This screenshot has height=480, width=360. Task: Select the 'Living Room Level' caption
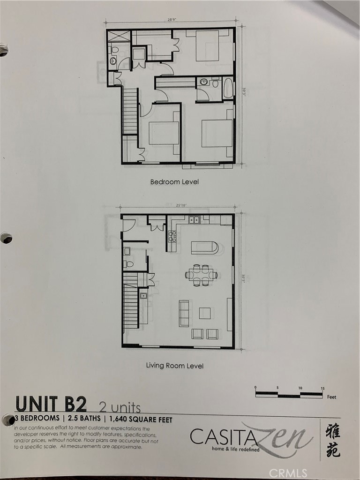(175, 365)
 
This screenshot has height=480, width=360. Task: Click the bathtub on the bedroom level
(228, 88)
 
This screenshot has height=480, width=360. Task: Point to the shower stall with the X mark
(120, 37)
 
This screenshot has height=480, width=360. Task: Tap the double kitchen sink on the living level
(194, 219)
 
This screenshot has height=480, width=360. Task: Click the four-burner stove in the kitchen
(172, 237)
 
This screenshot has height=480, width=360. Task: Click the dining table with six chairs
(202, 275)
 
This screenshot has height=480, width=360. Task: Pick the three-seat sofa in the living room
(184, 313)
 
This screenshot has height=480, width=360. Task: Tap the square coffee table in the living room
(205, 313)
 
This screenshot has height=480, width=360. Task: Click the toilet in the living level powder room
(129, 264)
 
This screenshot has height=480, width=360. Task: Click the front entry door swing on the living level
(128, 225)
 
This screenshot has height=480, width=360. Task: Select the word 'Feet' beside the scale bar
(331, 397)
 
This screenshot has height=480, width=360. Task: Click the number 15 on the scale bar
(322, 388)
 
